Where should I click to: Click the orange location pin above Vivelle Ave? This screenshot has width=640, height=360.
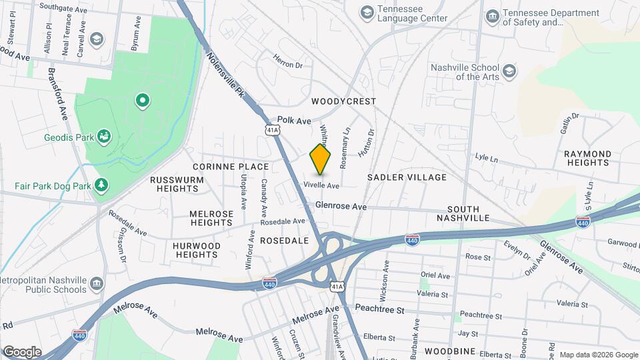(321, 159)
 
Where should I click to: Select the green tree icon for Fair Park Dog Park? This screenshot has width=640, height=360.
(101, 184)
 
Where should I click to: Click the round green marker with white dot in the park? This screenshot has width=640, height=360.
(142, 101)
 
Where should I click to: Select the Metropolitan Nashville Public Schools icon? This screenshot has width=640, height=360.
(96, 285)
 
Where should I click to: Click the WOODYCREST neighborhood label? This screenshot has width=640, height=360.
(343, 101)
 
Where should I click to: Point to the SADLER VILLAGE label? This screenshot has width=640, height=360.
(407, 177)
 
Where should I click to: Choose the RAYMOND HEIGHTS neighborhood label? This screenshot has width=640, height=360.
(587, 158)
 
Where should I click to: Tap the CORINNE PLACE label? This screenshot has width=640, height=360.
(231, 167)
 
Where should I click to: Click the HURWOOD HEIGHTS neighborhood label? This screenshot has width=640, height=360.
(197, 250)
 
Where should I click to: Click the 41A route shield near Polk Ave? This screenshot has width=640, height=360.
(271, 129)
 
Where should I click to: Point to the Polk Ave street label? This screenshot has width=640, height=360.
(295, 121)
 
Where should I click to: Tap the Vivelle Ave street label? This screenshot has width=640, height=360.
(322, 185)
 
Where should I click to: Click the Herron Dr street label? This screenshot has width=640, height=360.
(288, 65)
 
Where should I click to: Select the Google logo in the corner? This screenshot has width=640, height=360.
(22, 351)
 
